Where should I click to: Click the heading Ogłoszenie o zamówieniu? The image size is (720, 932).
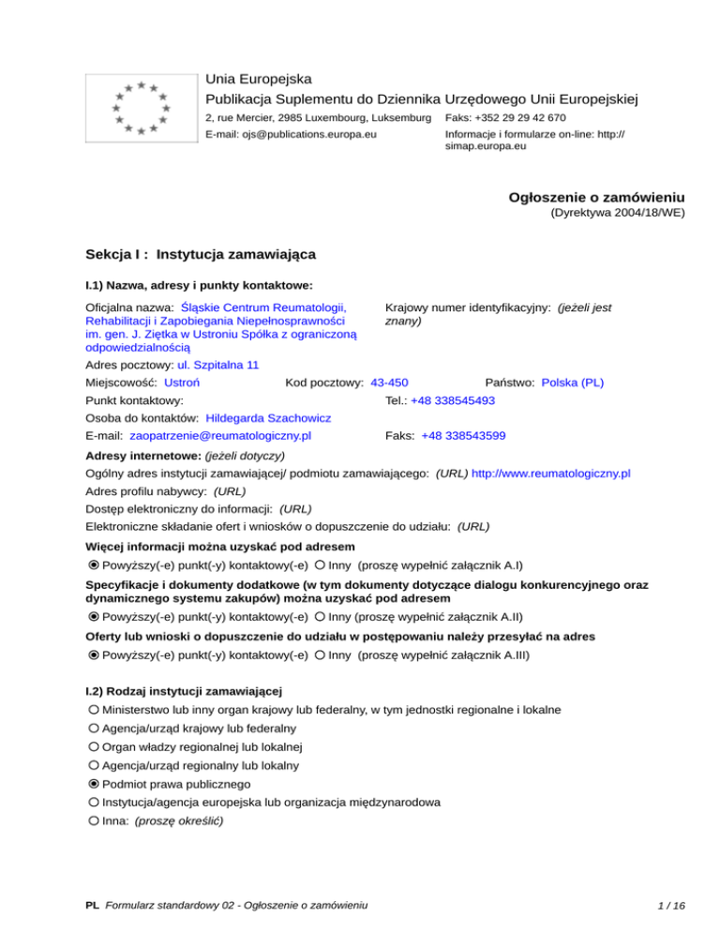coord(595,197)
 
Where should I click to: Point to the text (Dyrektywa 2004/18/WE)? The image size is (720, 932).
coord(616,213)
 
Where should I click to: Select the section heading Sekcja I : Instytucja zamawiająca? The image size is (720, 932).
coord(200,253)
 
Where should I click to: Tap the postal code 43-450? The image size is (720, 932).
coord(389,383)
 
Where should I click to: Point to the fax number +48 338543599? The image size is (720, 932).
coord(463,436)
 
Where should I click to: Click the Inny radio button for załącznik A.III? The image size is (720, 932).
coord(321,655)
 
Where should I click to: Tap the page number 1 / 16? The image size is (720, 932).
coord(672,906)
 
